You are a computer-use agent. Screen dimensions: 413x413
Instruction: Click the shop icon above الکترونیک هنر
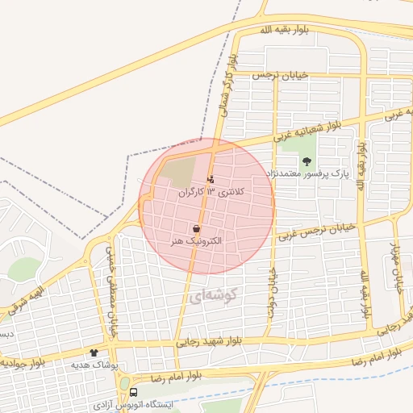point(197,229)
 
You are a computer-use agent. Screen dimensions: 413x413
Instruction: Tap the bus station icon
point(134,391)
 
